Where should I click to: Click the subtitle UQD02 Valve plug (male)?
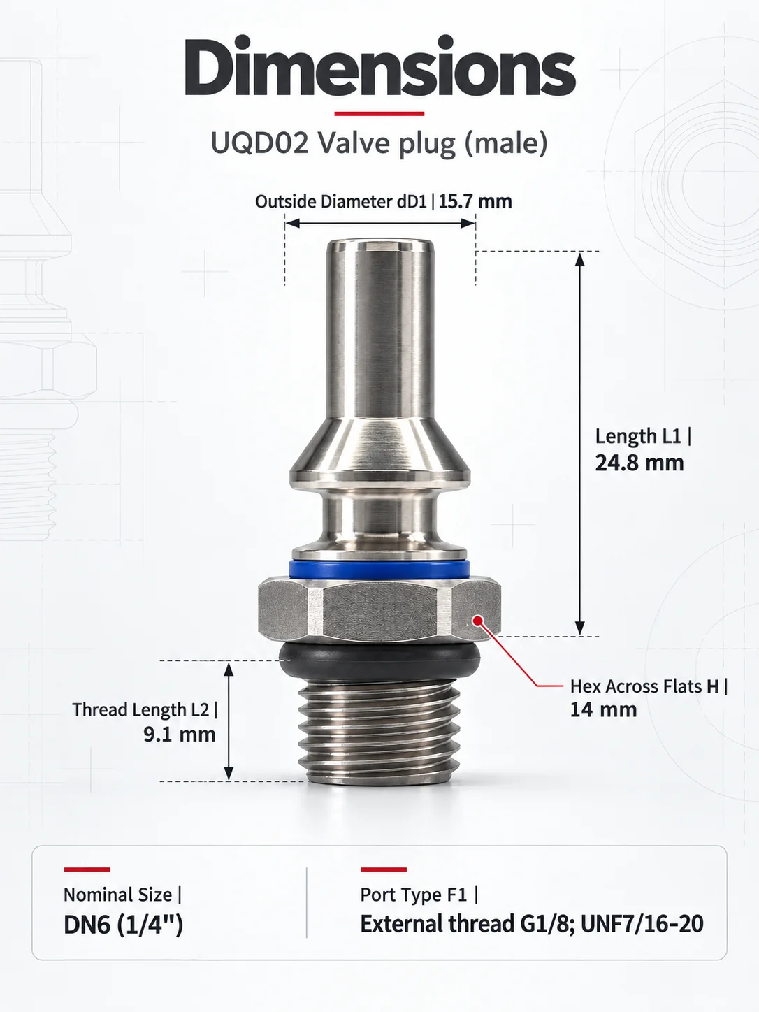[x=379, y=143]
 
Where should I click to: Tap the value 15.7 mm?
[x=475, y=201]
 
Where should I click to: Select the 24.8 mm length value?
[x=639, y=463]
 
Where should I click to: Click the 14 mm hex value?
[x=603, y=709]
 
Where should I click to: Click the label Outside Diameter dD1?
[x=341, y=201]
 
